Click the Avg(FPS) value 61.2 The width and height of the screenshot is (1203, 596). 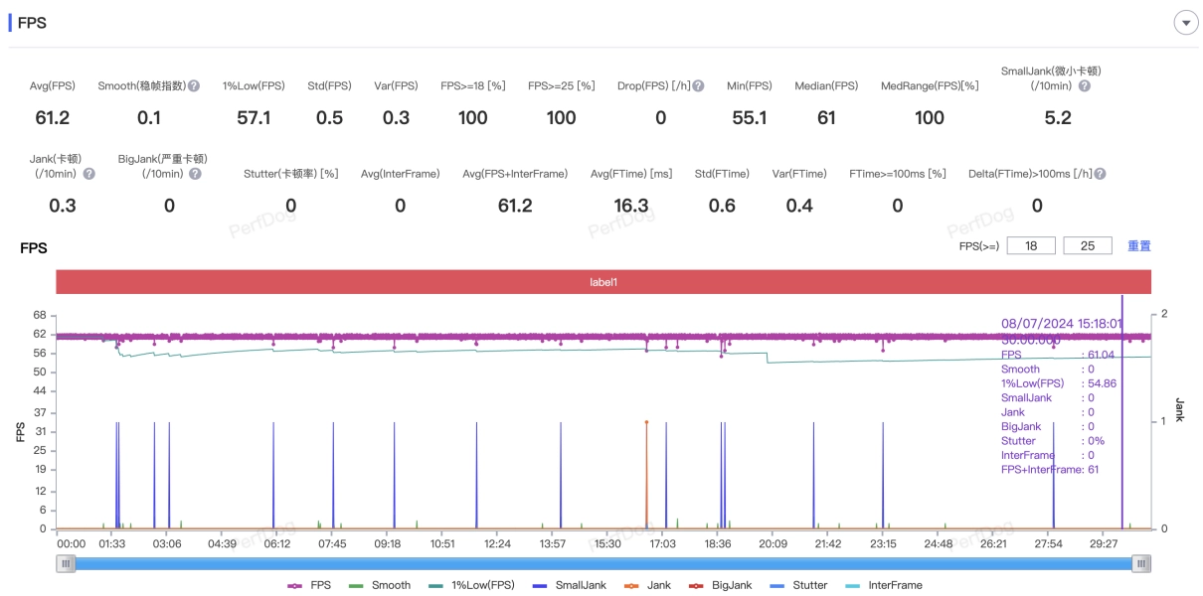click(52, 118)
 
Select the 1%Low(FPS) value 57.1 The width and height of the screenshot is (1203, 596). click(254, 118)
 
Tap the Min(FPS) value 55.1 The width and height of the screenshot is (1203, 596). click(749, 118)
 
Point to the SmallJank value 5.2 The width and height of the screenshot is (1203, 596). click(1058, 118)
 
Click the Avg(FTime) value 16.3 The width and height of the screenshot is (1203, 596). click(630, 206)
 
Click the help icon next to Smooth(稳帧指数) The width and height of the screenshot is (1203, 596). click(194, 86)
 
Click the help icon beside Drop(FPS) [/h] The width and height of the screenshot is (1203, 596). click(698, 86)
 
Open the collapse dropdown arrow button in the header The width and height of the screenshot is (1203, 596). click(1185, 23)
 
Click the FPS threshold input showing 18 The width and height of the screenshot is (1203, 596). click(1031, 245)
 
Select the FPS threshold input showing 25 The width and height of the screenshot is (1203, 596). click(1088, 245)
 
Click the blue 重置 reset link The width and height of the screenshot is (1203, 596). click(1138, 245)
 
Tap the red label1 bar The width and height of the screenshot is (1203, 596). click(603, 282)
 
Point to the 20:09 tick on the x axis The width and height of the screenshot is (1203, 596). click(773, 543)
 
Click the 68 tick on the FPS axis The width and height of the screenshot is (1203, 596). click(40, 315)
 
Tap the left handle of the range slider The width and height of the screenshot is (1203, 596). click(66, 563)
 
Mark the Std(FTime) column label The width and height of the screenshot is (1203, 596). click(723, 174)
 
